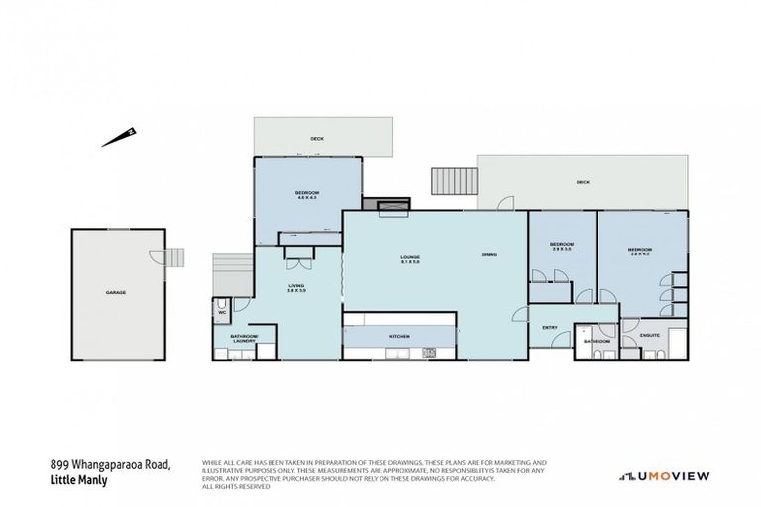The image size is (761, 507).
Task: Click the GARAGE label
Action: coord(116,293)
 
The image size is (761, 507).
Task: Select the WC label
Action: coord(223,313)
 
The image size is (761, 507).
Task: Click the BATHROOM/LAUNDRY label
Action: coord(244,339)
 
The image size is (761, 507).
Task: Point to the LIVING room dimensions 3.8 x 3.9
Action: coord(297,291)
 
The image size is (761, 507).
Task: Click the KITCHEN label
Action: coord(399,337)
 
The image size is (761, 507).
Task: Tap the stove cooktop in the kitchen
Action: coord(429,352)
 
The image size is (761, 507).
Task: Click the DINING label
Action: coord(489,255)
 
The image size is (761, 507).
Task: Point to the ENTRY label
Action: coord(548,327)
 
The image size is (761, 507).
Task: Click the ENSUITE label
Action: coord(650,335)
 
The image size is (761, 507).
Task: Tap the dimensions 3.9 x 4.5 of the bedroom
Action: coord(639,253)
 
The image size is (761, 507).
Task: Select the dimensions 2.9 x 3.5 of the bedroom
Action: coord(561,250)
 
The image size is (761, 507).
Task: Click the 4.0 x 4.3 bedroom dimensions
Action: coord(306,198)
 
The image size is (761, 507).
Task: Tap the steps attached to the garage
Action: coord(174,257)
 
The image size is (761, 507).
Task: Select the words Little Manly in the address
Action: coord(78,480)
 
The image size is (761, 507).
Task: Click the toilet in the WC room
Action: coord(222,305)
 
